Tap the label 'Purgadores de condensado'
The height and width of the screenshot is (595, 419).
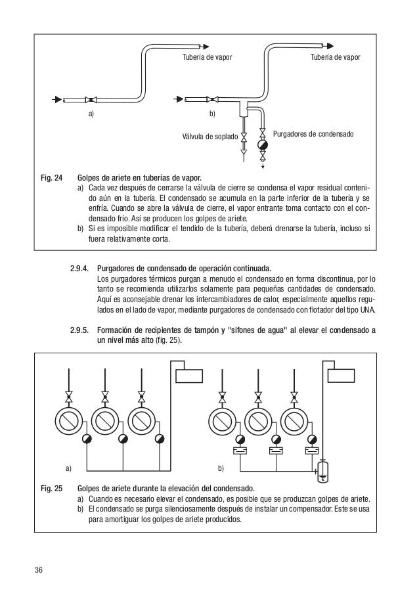(313, 133)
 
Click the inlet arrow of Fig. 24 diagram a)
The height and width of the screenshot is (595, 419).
(57, 100)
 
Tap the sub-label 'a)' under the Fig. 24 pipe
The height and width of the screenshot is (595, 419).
(91, 114)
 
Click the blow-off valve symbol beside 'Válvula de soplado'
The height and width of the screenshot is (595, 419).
(244, 138)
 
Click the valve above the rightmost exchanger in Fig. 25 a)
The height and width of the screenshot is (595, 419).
(141, 398)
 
